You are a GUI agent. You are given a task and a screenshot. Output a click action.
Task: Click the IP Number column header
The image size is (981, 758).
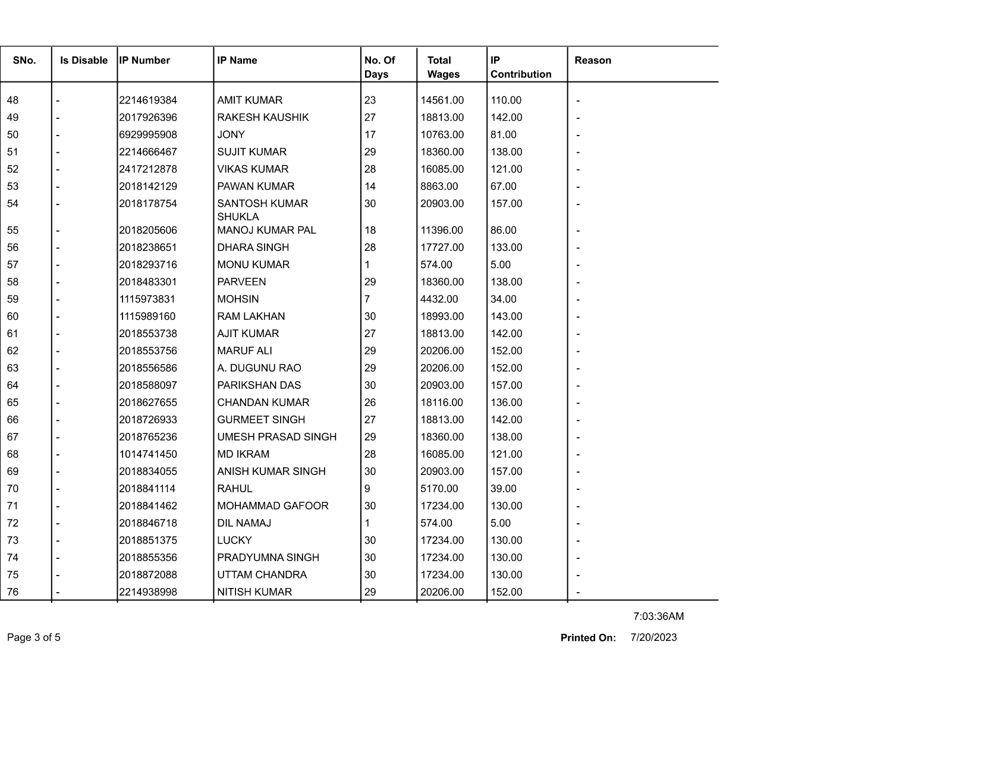coord(144,61)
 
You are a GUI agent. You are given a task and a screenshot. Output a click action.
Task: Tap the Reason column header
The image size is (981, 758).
coord(593,61)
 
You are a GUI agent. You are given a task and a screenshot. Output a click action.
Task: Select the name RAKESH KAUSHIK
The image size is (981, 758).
coord(263,118)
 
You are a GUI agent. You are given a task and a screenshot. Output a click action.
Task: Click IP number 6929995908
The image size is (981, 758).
coord(148,135)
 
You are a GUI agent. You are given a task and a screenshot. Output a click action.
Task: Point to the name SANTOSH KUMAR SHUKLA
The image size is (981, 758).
coord(262,210)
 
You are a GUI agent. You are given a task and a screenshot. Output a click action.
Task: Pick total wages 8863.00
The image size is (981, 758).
coord(439,187)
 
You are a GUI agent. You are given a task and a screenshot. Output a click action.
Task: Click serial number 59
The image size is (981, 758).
coord(12,299)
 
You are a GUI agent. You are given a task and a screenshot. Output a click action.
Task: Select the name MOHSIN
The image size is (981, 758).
coord(238,299)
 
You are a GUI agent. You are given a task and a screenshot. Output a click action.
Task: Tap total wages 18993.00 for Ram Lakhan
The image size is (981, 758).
coord(442,316)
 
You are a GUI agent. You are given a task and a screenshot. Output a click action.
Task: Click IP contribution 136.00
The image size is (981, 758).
coord(506,402)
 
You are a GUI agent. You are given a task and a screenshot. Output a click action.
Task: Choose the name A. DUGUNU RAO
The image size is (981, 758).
coord(259,368)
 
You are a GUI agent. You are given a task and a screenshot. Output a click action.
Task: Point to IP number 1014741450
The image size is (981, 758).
coord(148,454)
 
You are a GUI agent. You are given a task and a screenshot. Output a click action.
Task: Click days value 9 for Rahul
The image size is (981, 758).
coord(367,489)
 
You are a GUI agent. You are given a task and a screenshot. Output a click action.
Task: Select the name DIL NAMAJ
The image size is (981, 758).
coord(244,523)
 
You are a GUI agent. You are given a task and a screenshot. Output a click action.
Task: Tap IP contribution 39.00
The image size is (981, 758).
coord(503,489)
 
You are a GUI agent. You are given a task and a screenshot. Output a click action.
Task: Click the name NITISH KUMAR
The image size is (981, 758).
coord(254,592)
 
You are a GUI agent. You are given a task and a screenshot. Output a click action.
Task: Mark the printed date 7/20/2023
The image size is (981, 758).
coord(653,637)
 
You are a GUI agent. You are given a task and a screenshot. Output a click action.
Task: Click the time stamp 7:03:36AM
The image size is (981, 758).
coord(658,617)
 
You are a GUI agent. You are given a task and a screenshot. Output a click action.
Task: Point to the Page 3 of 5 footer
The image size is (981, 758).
coord(33,638)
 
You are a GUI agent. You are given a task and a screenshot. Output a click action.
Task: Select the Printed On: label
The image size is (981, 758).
coord(588,638)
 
